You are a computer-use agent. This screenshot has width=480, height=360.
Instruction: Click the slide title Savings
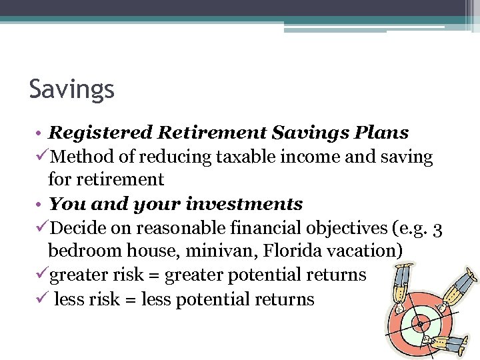pos(72,89)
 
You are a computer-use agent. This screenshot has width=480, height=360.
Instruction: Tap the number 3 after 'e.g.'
pos(437,229)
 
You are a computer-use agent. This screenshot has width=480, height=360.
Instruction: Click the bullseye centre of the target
pos(419,325)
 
